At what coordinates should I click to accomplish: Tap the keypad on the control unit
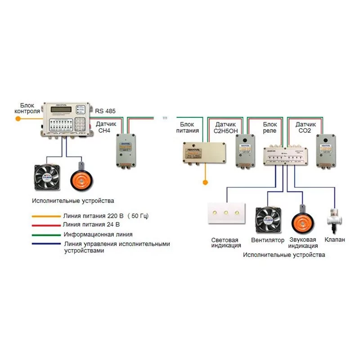click(81, 122)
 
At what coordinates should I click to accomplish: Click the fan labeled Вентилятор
click(268, 218)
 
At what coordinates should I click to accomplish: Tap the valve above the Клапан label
click(334, 218)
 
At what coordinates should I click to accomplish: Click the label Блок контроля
click(27, 108)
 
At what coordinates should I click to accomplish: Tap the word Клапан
click(334, 240)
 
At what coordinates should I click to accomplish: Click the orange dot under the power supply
click(205, 183)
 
